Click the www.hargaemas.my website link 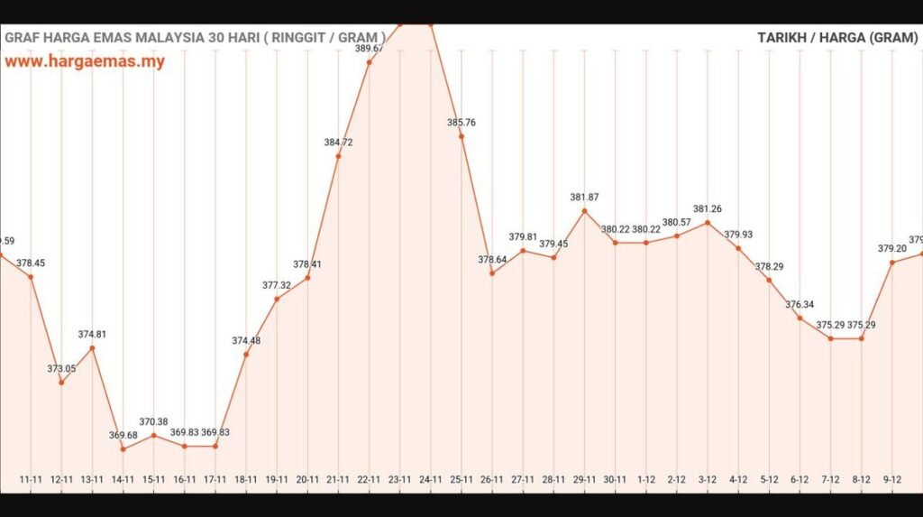(85, 62)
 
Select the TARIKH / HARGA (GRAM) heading (837, 38)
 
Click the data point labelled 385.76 (461, 136)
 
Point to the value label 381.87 (584, 198)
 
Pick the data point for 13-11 (93, 348)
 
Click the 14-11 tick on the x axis (123, 480)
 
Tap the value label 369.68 (123, 436)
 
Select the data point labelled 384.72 (338, 156)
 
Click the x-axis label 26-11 (492, 480)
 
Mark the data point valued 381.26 (708, 222)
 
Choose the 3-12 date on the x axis (708, 480)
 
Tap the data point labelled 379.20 (892, 263)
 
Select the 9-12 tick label (892, 480)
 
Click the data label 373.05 (61, 369)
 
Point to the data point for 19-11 (277, 299)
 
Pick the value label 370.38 (154, 422)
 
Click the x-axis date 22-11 (369, 480)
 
